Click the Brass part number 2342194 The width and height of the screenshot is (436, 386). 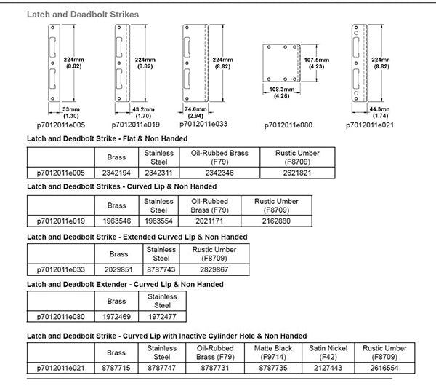116,172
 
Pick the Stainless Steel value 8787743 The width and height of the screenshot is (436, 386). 162,269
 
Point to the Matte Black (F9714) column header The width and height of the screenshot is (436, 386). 270,352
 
